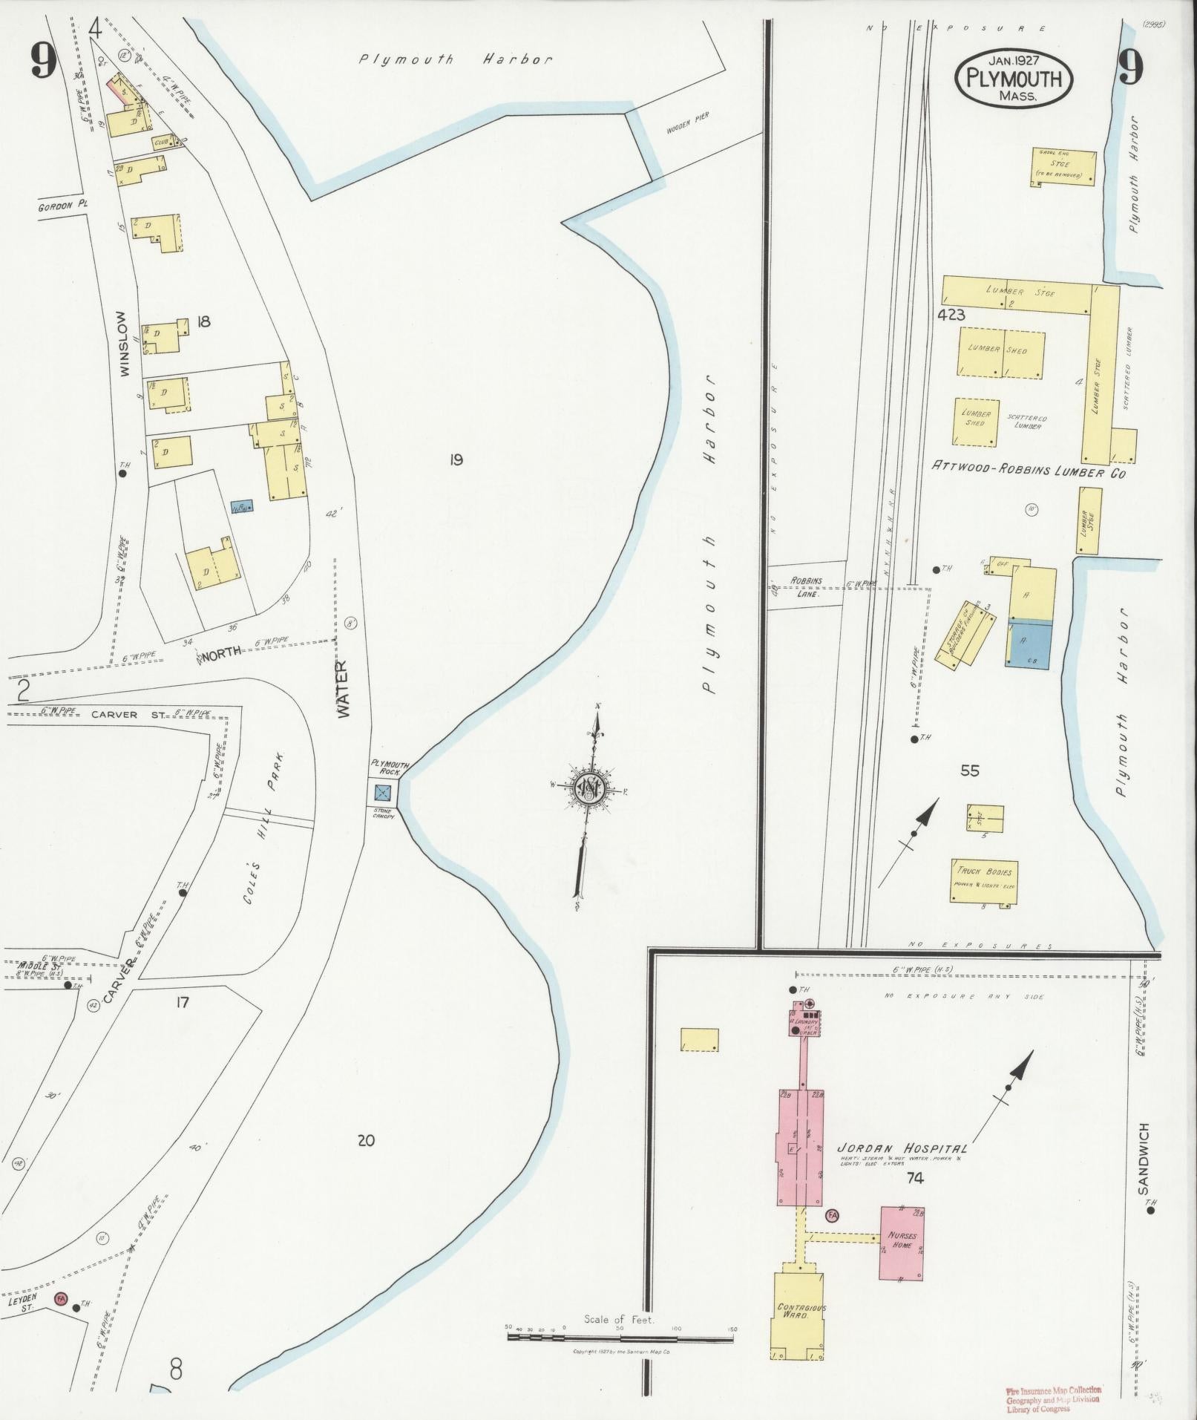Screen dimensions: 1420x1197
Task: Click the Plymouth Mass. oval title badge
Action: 1014,79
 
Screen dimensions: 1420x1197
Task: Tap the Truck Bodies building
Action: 984,881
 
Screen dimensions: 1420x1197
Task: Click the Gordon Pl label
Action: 63,206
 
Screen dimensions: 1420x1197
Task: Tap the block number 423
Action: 951,315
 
